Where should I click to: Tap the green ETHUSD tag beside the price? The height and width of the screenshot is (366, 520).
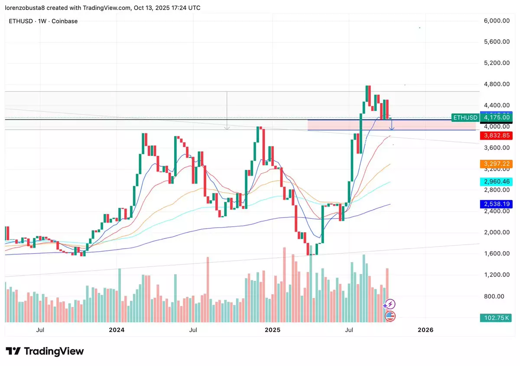[465, 117]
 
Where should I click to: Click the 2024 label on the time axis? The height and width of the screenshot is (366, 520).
[117, 330]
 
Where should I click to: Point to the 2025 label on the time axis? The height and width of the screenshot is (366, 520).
[273, 330]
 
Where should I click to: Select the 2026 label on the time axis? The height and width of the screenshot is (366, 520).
[425, 330]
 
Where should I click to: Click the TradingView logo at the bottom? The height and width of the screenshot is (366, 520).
[45, 351]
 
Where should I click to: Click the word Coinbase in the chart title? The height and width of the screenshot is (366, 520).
[65, 21]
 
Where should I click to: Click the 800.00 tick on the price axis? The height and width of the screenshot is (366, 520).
[497, 296]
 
